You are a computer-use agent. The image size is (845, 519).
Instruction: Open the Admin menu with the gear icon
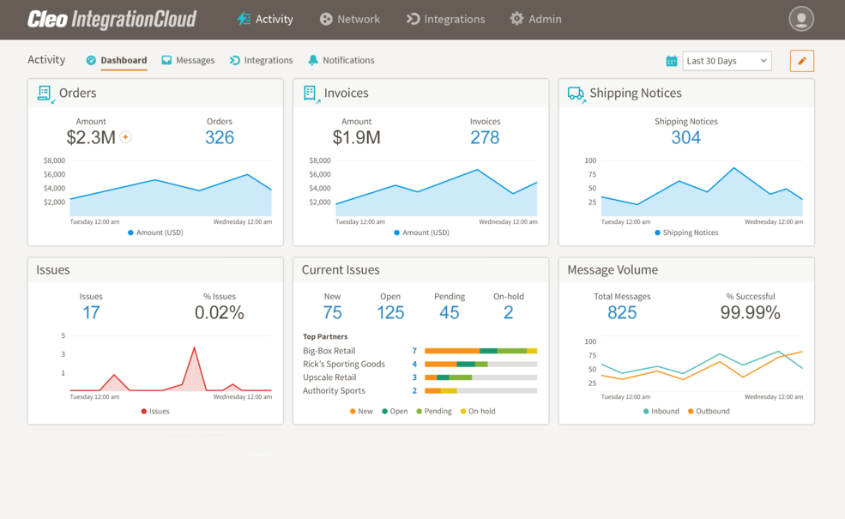(x=535, y=19)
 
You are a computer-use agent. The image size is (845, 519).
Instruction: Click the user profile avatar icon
(x=800, y=19)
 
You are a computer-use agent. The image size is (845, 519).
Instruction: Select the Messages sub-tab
(x=188, y=60)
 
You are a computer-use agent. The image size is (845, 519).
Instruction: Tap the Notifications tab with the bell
(x=341, y=60)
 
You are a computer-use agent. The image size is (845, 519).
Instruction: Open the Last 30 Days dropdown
(x=727, y=61)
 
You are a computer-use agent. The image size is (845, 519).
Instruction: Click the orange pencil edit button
(x=801, y=61)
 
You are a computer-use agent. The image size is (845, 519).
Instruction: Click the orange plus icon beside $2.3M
(x=125, y=137)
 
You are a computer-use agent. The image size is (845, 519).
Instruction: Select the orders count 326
(x=220, y=137)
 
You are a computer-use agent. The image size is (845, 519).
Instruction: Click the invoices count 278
(x=485, y=137)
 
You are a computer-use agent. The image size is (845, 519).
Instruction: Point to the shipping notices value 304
(x=685, y=137)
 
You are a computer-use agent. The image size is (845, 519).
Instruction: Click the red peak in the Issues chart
(x=195, y=348)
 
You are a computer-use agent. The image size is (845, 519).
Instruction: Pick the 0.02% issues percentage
(x=220, y=313)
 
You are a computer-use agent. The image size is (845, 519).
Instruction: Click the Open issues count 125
(x=390, y=313)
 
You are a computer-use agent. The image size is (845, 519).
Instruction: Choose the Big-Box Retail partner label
(x=329, y=351)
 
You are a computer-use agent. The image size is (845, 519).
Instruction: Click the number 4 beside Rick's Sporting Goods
(x=414, y=365)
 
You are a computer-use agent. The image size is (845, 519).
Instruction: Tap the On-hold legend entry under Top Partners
(x=478, y=412)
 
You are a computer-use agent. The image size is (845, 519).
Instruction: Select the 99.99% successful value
(x=750, y=313)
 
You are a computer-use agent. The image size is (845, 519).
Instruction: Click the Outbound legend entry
(x=709, y=412)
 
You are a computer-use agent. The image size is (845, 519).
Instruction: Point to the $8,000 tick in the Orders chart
(x=54, y=160)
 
